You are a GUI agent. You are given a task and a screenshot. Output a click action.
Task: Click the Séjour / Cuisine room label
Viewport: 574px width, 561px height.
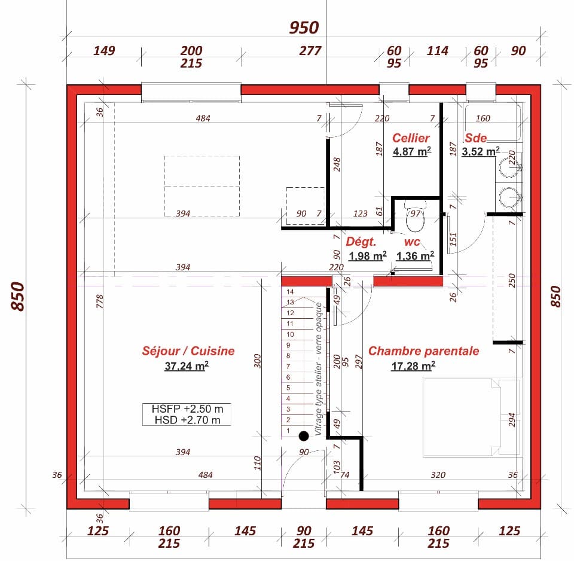tap(188, 351)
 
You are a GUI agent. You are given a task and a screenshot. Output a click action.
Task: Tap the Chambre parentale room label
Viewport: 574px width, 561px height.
tap(423, 351)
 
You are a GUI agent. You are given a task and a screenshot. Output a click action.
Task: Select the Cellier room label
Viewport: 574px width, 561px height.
tap(411, 138)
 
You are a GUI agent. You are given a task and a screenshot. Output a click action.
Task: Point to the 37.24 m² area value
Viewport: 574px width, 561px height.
tap(186, 366)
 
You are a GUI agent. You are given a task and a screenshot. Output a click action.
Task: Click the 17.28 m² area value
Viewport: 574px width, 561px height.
tap(413, 366)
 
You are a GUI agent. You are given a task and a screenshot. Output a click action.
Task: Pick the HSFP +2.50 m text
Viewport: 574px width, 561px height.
tap(187, 409)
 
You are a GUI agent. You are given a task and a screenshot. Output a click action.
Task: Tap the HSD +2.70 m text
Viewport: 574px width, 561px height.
tap(187, 420)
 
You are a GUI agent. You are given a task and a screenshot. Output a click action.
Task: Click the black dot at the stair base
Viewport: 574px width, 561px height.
tap(304, 436)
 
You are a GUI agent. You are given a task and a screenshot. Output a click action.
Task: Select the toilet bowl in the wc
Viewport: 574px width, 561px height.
tap(414, 221)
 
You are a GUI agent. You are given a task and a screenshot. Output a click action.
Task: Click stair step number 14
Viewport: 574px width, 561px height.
tap(291, 292)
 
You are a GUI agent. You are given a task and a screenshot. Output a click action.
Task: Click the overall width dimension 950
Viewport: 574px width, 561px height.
tap(304, 28)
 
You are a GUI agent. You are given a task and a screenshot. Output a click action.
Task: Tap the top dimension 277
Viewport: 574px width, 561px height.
tap(310, 51)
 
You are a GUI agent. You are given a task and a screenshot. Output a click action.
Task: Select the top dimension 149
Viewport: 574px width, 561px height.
tap(104, 51)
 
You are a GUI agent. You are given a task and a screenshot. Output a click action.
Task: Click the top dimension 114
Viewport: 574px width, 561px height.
tap(437, 51)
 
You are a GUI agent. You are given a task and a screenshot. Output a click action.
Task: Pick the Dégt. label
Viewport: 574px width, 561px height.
tap(361, 242)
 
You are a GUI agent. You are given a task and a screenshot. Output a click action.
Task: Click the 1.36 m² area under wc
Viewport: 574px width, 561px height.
tap(415, 257)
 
